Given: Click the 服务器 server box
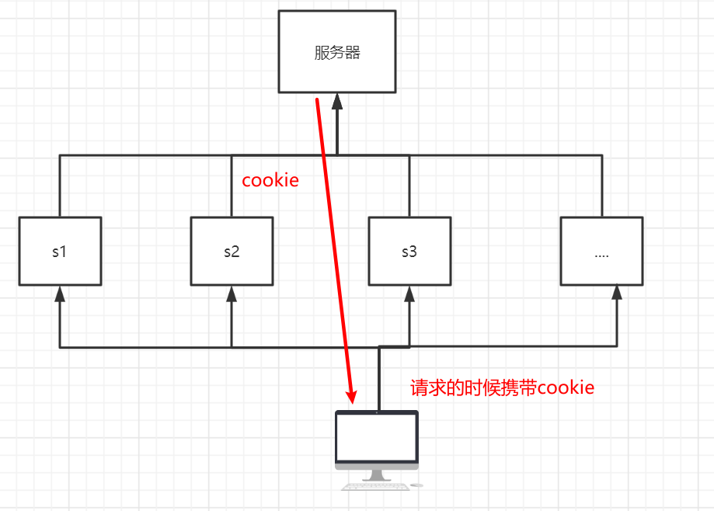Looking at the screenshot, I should [x=337, y=52].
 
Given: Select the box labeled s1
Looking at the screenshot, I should [x=60, y=251].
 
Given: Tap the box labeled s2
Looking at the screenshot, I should [x=232, y=251].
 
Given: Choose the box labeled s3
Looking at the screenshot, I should [x=409, y=251].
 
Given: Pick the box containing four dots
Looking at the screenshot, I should [x=601, y=251].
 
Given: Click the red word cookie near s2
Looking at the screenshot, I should [x=270, y=180].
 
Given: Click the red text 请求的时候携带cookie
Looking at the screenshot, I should [x=502, y=388].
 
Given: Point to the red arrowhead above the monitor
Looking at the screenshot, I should [x=352, y=396].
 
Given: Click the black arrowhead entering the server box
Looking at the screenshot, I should [x=337, y=101].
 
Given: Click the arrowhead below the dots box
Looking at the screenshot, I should [x=616, y=293].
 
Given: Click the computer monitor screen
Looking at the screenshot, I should [x=377, y=437].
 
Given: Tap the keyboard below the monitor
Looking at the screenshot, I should [x=374, y=487].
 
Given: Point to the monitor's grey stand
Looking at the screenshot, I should [x=377, y=474].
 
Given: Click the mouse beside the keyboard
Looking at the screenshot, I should [x=417, y=486].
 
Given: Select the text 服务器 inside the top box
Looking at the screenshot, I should [x=337, y=53].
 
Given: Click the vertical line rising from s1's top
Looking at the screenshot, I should [x=60, y=186].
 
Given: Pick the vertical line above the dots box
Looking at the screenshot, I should [x=601, y=186].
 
